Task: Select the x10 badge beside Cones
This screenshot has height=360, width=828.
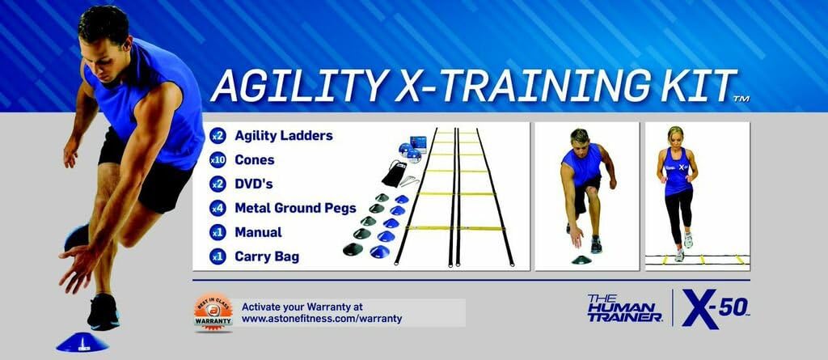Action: coord(217,160)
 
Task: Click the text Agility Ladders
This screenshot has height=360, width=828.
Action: coord(272,136)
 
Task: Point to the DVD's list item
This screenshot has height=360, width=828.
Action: coord(254,184)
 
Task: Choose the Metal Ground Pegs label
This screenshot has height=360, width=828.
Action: coord(295,208)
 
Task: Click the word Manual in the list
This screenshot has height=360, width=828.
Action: coord(258,232)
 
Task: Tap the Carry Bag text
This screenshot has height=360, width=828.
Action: coord(267,256)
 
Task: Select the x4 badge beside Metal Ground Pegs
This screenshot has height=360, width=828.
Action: coord(217,208)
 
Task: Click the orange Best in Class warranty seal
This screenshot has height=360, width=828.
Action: coord(213,312)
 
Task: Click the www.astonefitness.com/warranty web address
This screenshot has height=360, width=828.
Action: coord(322,319)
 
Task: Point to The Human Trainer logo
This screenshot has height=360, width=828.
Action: coord(625,308)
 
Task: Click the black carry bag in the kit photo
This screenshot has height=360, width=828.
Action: coord(394,174)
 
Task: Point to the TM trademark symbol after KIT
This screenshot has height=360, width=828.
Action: coord(741,99)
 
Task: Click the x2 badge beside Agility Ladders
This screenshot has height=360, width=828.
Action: coord(217,136)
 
